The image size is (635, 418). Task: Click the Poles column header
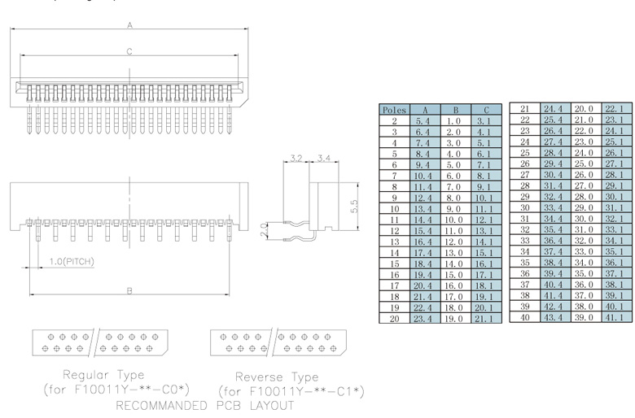click(394, 110)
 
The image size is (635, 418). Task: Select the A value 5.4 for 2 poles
click(423, 120)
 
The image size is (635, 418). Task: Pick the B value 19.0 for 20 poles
click(455, 319)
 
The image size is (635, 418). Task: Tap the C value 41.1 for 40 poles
click(615, 318)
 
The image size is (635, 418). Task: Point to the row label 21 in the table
click(525, 109)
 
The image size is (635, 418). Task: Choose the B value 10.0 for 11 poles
click(455, 220)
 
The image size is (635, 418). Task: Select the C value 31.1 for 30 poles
click(615, 208)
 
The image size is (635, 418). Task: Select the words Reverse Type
click(277, 377)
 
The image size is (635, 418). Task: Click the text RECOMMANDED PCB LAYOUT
click(205, 404)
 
